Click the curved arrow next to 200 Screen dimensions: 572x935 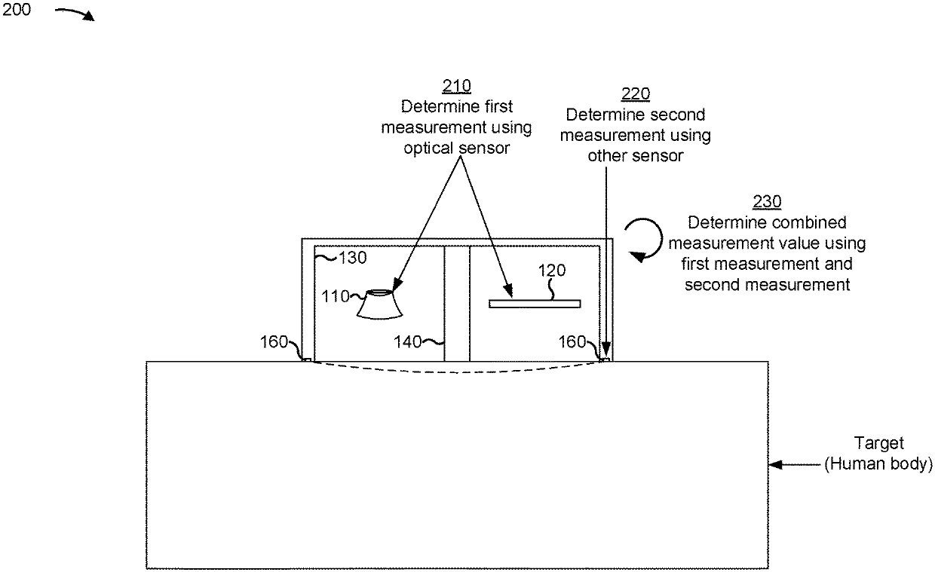coord(75,14)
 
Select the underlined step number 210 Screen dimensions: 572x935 coord(456,86)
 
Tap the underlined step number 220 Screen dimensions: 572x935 coord(635,94)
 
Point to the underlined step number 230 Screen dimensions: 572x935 coord(767,202)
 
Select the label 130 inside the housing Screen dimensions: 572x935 coord(352,258)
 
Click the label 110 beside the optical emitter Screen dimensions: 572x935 coord(338,296)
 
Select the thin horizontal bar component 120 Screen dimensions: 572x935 coord(535,304)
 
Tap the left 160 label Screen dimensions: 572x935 coord(274,343)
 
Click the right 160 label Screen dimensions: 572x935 coord(572,343)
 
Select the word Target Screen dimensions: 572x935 coord(878,444)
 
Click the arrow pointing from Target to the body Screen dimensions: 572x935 coord(796,465)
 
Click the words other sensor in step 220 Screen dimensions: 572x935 coord(635,156)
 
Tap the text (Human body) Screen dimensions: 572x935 coord(878,464)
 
